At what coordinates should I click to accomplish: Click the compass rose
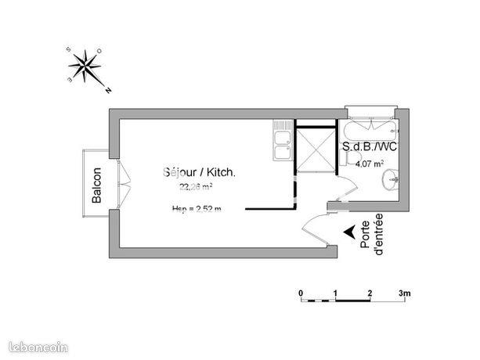[x=87, y=67]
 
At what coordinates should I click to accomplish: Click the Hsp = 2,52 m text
[x=197, y=208]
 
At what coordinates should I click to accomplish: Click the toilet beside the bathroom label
[x=347, y=160]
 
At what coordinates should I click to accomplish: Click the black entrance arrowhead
[x=348, y=231]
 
